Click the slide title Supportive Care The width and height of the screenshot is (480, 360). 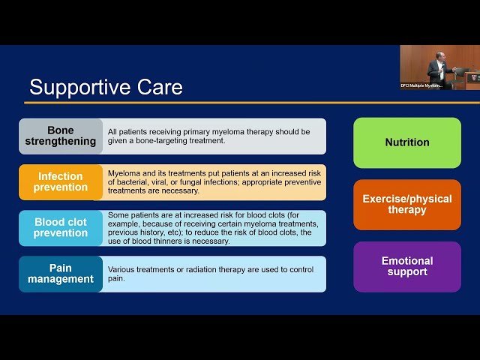point(106,87)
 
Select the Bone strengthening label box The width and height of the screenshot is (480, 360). point(61,136)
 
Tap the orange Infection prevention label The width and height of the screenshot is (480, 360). point(61,182)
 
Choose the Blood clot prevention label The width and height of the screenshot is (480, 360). point(61,228)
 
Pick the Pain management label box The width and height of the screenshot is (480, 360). point(61,274)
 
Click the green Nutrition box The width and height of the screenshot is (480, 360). point(407,142)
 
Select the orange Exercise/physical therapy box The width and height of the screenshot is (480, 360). point(407,204)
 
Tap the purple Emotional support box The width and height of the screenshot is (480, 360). point(407,266)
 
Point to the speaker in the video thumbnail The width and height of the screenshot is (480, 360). point(436,70)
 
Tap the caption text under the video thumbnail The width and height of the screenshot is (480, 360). point(421,85)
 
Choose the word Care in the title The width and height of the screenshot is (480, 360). point(158,87)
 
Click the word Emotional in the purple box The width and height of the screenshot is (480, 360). point(407,261)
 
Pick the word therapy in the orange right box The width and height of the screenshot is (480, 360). point(407,210)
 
